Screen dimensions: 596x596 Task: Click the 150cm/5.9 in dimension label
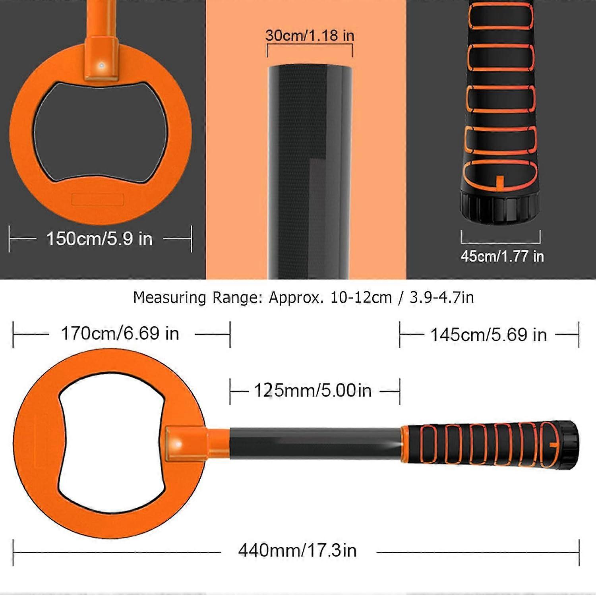click(x=99, y=239)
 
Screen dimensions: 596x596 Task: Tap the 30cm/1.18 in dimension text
click(x=310, y=35)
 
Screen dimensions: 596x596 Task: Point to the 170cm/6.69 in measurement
click(x=120, y=333)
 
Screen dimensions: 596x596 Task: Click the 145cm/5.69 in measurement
click(x=489, y=335)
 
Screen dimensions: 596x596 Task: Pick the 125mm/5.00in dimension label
click(x=313, y=391)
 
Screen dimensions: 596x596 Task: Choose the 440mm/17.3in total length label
click(x=298, y=551)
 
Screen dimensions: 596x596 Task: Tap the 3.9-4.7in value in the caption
click(x=441, y=298)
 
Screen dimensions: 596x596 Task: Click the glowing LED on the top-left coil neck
click(x=102, y=65)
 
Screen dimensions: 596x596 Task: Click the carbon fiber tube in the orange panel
click(x=310, y=171)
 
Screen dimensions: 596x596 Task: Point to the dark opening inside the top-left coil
click(x=99, y=131)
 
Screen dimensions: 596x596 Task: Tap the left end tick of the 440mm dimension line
click(x=14, y=552)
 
